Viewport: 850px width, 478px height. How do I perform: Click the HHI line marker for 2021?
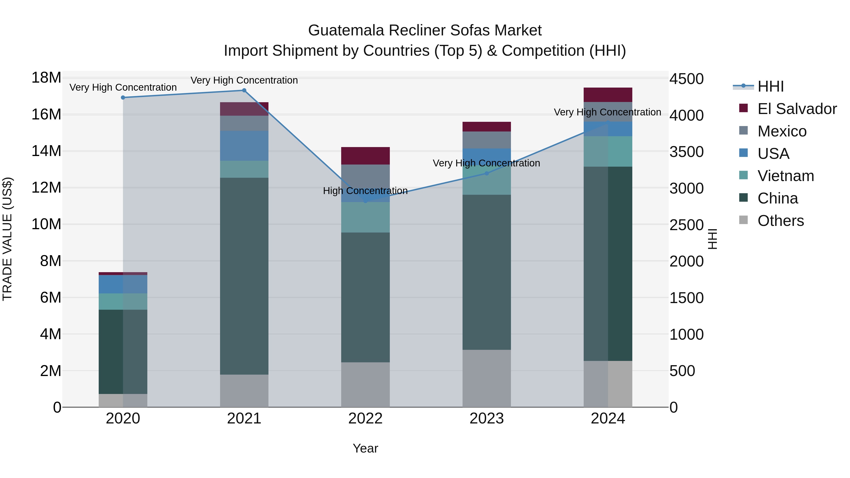244,90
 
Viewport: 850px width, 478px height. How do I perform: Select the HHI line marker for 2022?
365,201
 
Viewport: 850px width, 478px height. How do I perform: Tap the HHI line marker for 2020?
123,98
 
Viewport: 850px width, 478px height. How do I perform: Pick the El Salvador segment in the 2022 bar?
365,156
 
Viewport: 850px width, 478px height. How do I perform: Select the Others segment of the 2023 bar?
486,378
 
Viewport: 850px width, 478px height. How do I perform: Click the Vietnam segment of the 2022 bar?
365,217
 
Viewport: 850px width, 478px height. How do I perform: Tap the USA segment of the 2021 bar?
244,146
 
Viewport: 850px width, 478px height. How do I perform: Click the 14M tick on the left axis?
46,151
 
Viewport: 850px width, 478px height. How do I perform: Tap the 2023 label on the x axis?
486,419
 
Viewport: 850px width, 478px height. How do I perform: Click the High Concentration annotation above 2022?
365,191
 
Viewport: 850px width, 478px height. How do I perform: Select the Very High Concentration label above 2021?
244,80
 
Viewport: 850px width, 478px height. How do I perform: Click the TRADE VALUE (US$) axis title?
7,239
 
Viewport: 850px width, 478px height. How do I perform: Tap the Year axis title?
365,448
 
